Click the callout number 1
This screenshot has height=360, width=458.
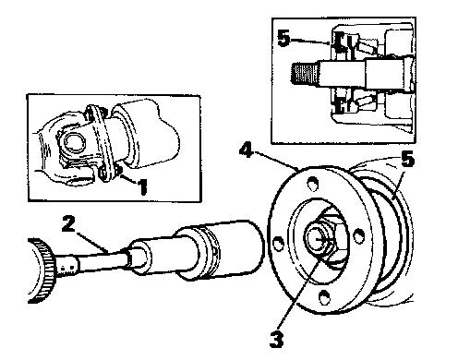click(142, 186)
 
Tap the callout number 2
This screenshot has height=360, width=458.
click(68, 223)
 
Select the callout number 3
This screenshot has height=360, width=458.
click(276, 339)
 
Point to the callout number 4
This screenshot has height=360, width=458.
click(246, 150)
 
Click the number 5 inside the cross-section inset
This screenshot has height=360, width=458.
click(283, 38)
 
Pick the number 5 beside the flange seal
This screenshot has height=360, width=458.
click(407, 160)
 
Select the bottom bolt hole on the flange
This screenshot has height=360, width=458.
click(325, 296)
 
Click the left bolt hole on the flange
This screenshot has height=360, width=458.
click(279, 243)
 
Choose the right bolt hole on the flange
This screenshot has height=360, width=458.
click(357, 235)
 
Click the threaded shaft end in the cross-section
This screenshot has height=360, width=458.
click(305, 73)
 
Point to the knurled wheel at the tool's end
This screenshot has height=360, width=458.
click(42, 270)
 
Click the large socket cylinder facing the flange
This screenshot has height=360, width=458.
click(220, 250)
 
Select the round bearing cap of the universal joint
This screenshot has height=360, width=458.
click(74, 142)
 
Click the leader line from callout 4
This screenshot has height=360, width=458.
click(275, 161)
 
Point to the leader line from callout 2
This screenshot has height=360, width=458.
click(92, 243)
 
